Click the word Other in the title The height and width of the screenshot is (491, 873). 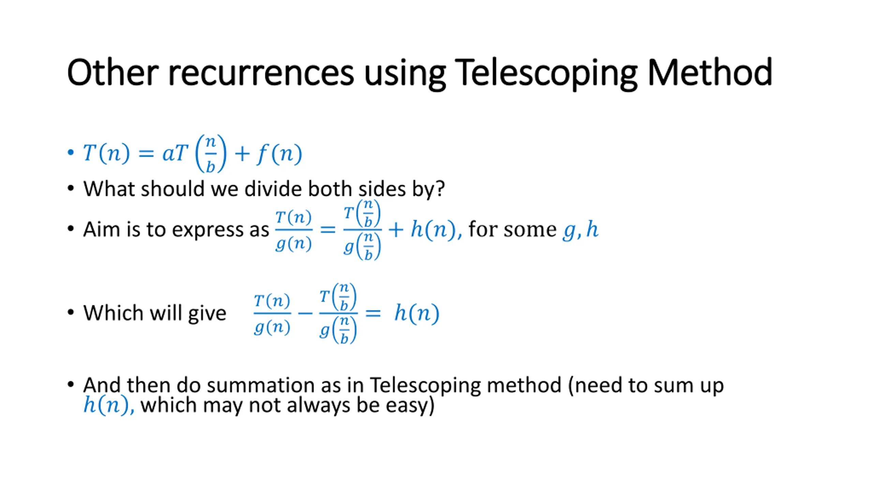pyautogui.click(x=113, y=73)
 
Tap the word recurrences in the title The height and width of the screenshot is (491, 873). pyautogui.click(x=261, y=73)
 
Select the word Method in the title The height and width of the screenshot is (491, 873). pyautogui.click(x=710, y=73)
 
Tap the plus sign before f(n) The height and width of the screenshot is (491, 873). pyautogui.click(x=242, y=153)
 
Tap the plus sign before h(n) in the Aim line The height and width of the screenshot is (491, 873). pyautogui.click(x=396, y=229)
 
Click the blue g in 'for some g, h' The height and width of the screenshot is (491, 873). pyautogui.click(x=568, y=230)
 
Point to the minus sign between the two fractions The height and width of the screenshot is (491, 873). pyautogui.click(x=305, y=313)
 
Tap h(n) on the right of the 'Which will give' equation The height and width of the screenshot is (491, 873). pyautogui.click(x=417, y=313)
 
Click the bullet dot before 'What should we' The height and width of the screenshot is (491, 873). pyautogui.click(x=71, y=189)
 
